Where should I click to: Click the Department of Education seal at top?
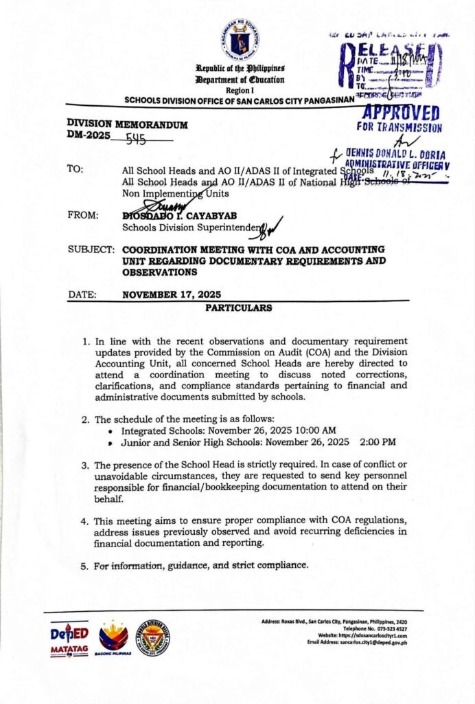[240, 39]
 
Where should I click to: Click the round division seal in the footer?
[153, 637]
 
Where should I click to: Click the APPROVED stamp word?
[401, 113]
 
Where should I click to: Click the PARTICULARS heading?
[239, 307]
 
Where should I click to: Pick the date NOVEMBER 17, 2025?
[172, 295]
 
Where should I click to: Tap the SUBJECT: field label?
[91, 250]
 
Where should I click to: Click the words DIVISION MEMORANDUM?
[127, 124]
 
